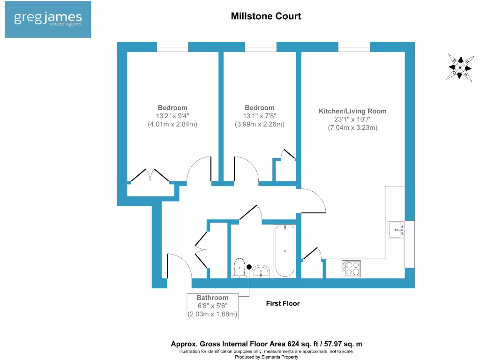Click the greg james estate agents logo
[x=48, y=20]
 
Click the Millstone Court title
[x=266, y=16]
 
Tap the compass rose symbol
[x=460, y=68]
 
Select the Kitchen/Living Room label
[x=352, y=111]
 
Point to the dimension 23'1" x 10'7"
[x=352, y=120]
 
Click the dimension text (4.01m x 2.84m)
[x=172, y=125]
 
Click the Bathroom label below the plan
[x=212, y=298]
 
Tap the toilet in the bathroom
[x=239, y=267]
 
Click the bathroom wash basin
[x=261, y=271]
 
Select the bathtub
[x=285, y=251]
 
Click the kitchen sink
[x=396, y=230]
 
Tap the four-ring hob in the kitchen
[x=352, y=268]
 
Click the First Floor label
[x=283, y=303]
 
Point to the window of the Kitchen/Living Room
[x=354, y=46]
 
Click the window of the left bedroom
[x=172, y=46]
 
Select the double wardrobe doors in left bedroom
[x=150, y=176]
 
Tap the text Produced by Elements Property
[x=266, y=357]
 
